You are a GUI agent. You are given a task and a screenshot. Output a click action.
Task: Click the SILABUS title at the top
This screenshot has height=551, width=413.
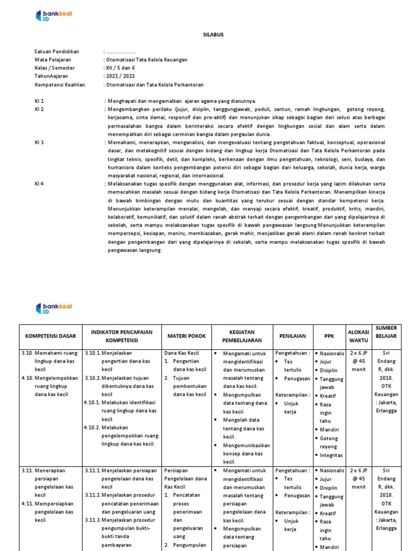206,34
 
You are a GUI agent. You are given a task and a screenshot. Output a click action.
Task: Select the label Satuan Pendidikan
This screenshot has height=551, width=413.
57,51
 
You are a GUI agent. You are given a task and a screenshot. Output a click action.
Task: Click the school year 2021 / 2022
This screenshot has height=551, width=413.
119,76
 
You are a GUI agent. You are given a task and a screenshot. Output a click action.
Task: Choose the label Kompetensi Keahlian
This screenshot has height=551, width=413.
60,84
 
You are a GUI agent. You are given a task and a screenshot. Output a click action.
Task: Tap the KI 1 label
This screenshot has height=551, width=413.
39,101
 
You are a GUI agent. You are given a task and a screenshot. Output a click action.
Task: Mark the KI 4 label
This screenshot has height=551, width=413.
39,183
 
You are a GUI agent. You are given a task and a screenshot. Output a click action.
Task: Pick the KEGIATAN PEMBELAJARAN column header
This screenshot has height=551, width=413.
242,336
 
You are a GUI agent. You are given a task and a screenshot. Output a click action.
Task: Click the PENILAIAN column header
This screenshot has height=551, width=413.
292,336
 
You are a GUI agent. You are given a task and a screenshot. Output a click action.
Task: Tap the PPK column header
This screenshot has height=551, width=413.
329,336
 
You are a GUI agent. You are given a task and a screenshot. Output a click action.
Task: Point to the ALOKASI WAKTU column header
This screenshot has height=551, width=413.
358,336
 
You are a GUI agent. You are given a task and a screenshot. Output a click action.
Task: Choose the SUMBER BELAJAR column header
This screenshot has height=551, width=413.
386,332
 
